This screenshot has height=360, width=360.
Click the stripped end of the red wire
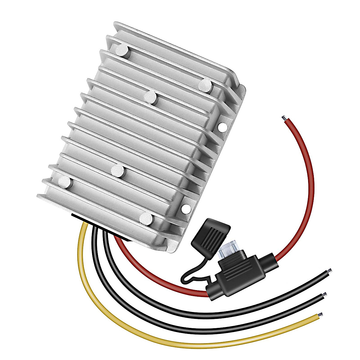pos(283,118)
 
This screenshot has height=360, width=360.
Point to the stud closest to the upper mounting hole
pos(205,85)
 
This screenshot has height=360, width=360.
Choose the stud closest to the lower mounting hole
pos(146,219)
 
